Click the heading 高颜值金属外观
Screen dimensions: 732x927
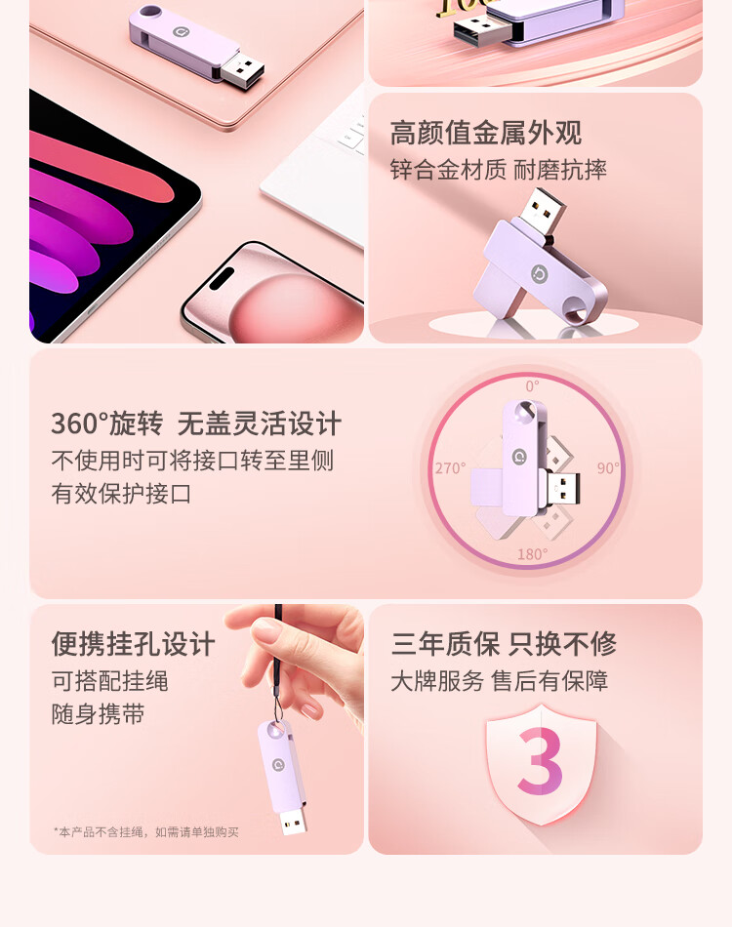tap(486, 133)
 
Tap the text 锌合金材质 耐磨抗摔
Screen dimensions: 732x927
tap(499, 170)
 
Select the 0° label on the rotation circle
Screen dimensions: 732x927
tap(532, 386)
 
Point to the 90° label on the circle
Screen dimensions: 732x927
tap(608, 468)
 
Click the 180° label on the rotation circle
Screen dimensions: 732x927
tap(532, 554)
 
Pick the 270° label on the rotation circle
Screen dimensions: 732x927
tap(451, 468)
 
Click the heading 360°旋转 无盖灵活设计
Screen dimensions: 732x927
tap(196, 423)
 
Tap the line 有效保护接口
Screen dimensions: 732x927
tap(121, 493)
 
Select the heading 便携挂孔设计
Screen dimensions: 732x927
tap(133, 644)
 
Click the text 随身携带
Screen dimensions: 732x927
tap(99, 713)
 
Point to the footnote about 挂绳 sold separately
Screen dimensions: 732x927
tap(146, 831)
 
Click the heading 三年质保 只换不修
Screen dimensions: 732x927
tap(504, 644)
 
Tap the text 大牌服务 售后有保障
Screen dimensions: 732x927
tap(500, 681)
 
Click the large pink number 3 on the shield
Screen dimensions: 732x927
tap(540, 761)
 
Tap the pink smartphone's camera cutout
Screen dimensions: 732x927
tap(222, 277)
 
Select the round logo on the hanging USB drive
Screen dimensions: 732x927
tap(278, 765)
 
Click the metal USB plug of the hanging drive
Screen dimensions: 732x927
tap(293, 821)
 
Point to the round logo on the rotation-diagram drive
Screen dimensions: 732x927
tap(519, 457)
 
